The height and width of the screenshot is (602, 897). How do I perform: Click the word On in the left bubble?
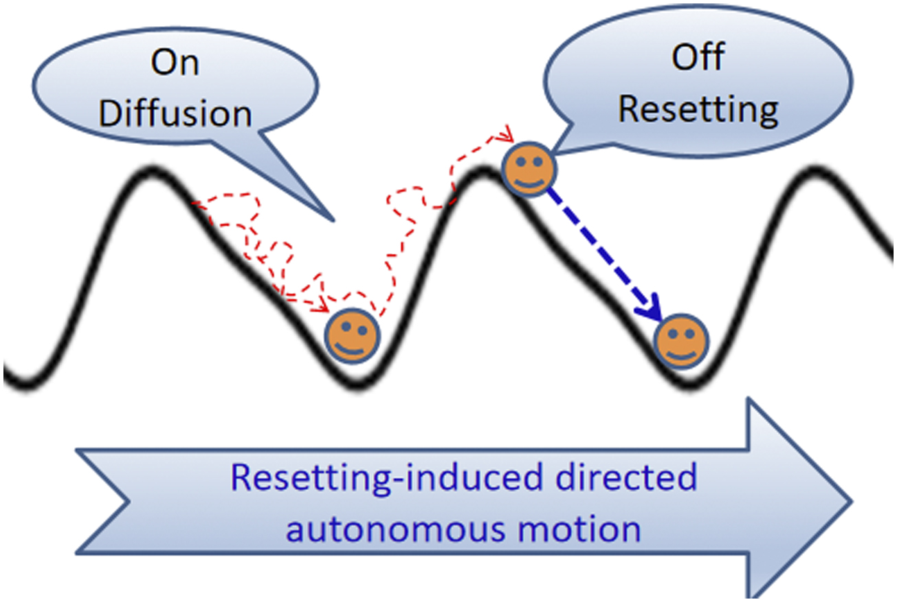[x=175, y=64]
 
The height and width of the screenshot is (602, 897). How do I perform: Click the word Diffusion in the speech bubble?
[x=175, y=114]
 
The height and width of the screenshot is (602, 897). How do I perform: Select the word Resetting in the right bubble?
[x=698, y=109]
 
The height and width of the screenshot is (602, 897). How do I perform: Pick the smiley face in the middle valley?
[x=352, y=335]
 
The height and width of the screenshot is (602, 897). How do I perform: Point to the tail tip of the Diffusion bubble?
[x=334, y=221]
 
